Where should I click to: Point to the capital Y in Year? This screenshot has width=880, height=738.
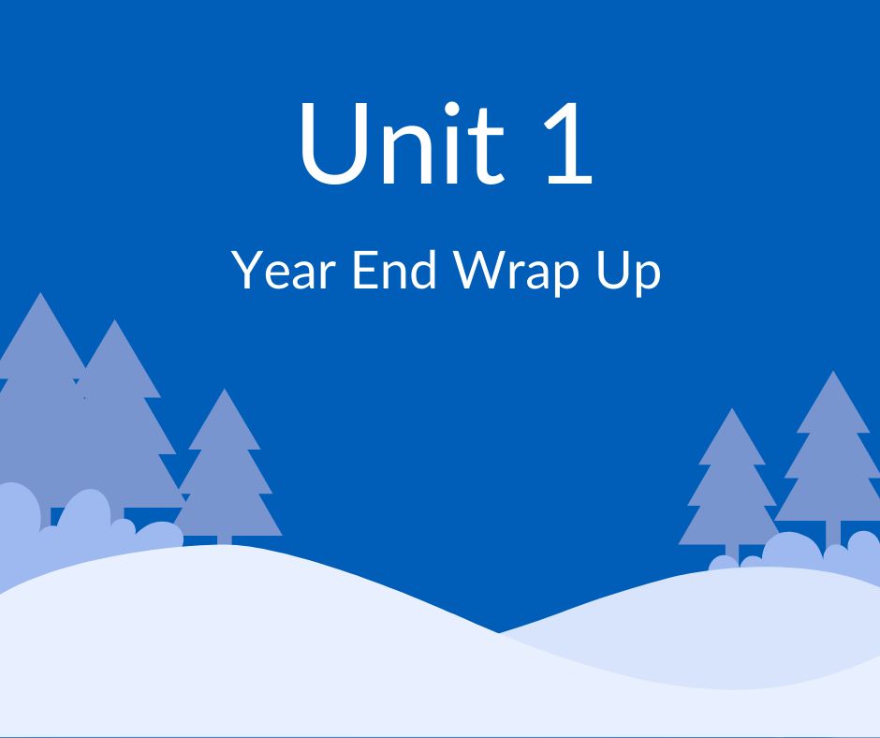point(245,271)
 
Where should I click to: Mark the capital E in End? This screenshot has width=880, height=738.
point(362,271)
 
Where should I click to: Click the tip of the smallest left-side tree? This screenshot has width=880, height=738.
point(224,391)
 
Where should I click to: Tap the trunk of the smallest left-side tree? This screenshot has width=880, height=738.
point(224,539)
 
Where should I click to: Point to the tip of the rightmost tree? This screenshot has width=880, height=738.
point(832,374)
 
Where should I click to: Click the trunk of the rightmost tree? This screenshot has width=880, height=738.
point(832,534)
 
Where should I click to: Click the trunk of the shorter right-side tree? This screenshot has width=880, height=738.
point(732,552)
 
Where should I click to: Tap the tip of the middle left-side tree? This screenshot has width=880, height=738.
point(115,323)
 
